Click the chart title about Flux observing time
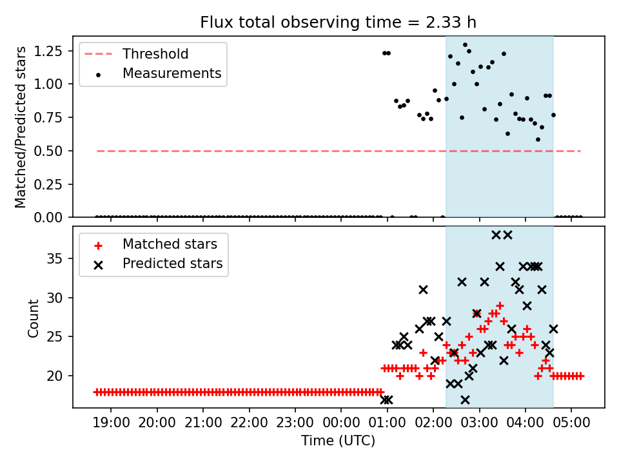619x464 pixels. [x=339, y=23]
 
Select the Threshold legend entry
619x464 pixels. [x=155, y=53]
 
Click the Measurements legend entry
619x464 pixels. [x=172, y=73]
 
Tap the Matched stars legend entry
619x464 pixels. [x=170, y=244]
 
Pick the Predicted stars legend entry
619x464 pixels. [x=172, y=264]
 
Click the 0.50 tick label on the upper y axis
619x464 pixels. [x=59, y=151]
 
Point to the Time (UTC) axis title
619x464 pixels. [x=339, y=441]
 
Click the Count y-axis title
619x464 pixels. [x=34, y=318]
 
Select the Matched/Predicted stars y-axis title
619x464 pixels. [x=21, y=127]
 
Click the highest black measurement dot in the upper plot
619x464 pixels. [x=465, y=45]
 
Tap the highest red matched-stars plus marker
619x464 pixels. [x=500, y=305]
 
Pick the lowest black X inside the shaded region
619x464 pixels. [x=465, y=400]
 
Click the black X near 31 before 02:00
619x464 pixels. [x=423, y=290]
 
